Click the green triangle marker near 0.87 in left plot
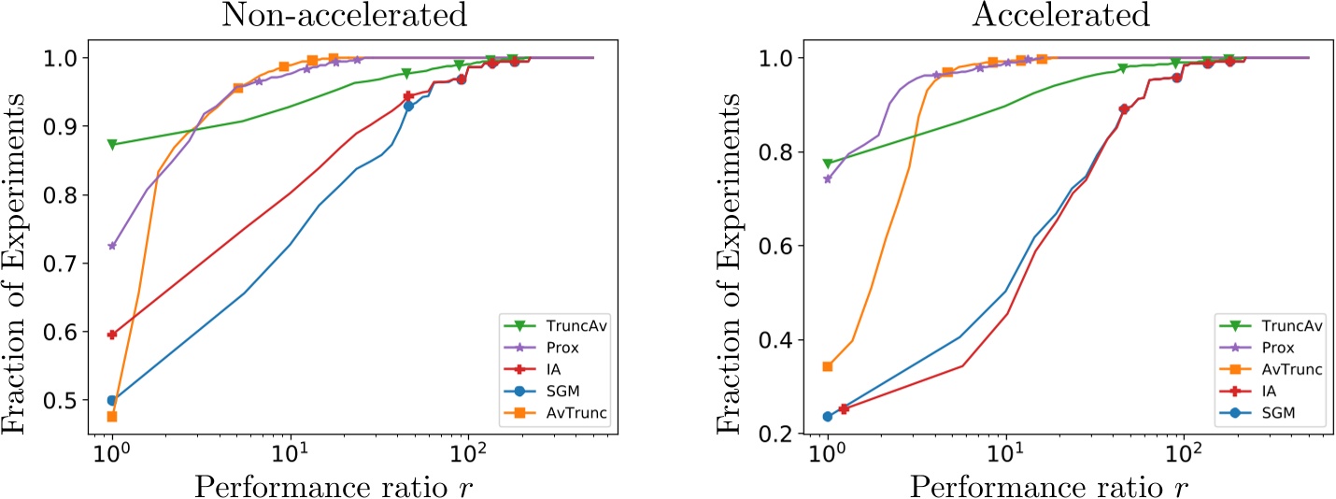(x=112, y=145)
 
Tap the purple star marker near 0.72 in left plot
(x=112, y=246)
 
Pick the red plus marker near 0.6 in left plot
(x=112, y=335)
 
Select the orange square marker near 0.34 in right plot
(x=827, y=366)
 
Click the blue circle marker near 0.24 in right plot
(x=827, y=417)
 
